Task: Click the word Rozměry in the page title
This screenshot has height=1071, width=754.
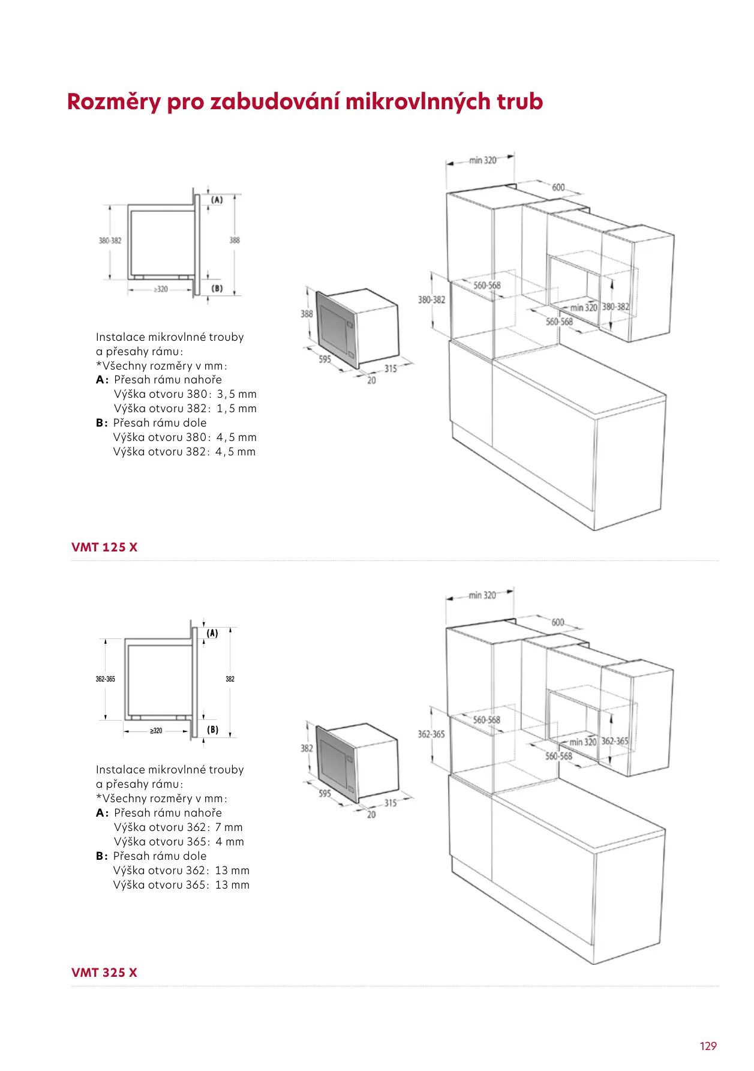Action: tap(114, 102)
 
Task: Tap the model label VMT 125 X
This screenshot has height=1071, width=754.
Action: tap(104, 547)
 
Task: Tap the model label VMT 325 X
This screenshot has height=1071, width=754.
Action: tap(104, 973)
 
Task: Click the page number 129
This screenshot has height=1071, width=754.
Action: tap(708, 1046)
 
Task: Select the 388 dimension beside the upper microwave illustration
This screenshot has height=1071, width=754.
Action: tap(307, 314)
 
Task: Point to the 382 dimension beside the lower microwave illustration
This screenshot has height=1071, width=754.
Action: tap(307, 748)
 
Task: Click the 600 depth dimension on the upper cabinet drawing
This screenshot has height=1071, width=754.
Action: tap(558, 188)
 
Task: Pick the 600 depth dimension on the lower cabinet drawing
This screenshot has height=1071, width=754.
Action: tap(558, 622)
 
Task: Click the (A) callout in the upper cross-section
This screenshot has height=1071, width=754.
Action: tap(217, 200)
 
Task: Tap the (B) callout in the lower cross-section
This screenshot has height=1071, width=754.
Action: tap(212, 730)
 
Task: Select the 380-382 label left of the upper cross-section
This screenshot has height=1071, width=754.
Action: tap(110, 241)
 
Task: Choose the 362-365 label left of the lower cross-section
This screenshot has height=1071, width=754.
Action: tap(106, 679)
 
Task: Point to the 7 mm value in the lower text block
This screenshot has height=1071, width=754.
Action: tap(229, 827)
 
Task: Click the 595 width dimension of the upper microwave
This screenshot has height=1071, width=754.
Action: tap(325, 359)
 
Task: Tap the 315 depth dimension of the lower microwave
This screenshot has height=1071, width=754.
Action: tap(390, 803)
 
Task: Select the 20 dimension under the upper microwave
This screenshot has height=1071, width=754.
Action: tap(371, 380)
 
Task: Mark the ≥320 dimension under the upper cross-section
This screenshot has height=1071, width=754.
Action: tap(160, 289)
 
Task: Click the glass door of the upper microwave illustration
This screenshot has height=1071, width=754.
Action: tap(334, 329)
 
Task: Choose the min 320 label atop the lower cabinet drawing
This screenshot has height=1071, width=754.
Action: tap(482, 595)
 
